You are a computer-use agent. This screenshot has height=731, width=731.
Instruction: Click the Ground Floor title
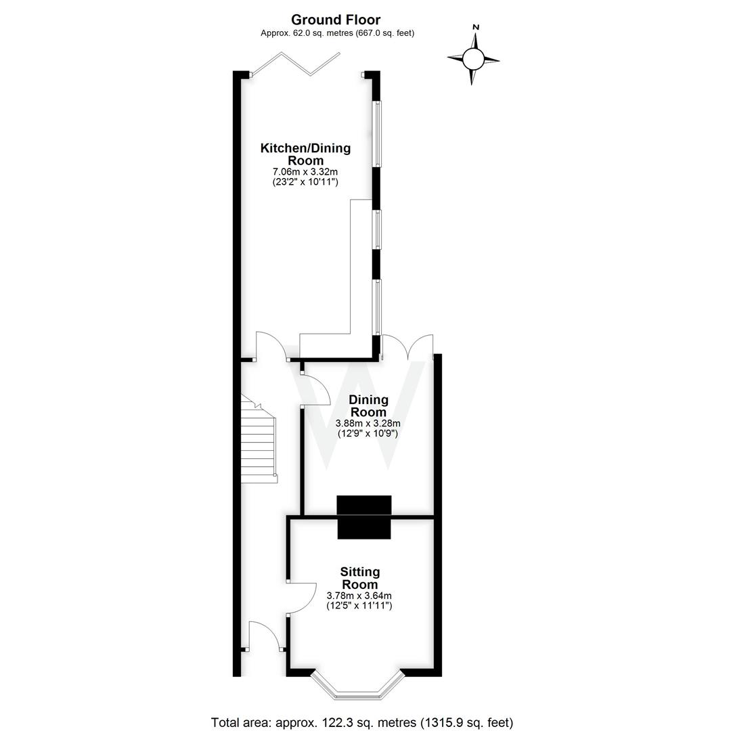tap(336, 20)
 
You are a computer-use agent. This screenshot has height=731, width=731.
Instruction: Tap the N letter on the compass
tap(476, 27)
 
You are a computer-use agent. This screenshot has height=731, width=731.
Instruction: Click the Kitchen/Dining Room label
tap(305, 154)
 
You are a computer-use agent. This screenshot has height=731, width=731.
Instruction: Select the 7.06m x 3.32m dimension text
tap(305, 173)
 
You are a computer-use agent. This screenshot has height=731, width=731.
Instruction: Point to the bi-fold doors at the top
tap(296, 64)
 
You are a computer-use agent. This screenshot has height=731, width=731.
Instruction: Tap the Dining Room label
tap(368, 405)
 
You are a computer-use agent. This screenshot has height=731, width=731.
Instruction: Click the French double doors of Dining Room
tap(407, 347)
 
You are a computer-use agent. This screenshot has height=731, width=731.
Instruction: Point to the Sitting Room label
tap(359, 578)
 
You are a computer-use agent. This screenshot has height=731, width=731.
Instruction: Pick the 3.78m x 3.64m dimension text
tap(359, 596)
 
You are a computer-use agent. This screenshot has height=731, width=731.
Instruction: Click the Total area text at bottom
tap(361, 722)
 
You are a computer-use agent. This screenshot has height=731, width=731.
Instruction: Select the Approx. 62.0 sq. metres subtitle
tap(337, 33)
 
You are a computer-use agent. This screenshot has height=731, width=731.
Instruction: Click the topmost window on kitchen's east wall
tap(377, 133)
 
